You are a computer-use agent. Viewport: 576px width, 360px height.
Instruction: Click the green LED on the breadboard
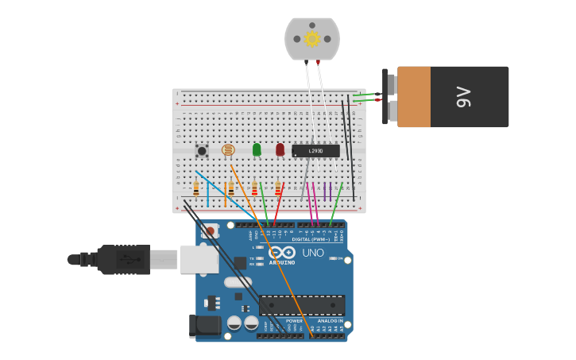(257, 149)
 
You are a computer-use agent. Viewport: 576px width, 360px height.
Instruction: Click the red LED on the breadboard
(280, 149)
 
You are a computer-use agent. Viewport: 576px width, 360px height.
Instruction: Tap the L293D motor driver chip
(315, 150)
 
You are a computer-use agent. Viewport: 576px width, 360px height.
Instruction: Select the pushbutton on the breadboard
(202, 150)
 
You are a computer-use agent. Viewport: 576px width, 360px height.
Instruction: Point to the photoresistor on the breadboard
(228, 149)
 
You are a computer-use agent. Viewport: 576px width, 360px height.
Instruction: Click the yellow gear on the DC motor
(312, 38)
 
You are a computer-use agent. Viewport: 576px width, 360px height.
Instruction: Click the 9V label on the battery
(463, 97)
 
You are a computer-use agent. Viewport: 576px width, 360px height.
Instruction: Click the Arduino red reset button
(210, 231)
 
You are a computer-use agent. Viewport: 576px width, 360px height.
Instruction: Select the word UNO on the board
(312, 253)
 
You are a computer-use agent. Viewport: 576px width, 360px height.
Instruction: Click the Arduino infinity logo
(282, 252)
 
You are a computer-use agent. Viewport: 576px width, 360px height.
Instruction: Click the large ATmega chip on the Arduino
(302, 305)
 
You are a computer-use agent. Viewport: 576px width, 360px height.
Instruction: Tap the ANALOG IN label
(331, 321)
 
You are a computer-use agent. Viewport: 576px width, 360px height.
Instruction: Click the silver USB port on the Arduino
(199, 258)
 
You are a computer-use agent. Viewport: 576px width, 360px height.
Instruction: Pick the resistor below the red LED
(277, 188)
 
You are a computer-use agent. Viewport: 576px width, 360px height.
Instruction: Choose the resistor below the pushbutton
(196, 188)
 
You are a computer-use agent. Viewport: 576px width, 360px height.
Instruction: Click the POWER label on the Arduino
(283, 321)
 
